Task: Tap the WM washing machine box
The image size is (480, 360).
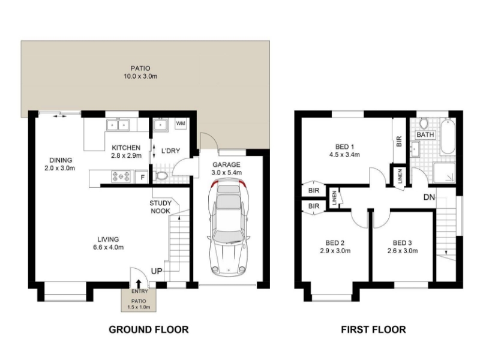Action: (181, 123)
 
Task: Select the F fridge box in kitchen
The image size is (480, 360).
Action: (143, 177)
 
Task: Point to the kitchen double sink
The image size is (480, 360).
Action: (119, 125)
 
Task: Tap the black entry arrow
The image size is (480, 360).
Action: (139, 284)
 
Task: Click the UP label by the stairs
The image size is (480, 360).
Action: (157, 272)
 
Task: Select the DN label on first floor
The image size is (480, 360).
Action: (429, 197)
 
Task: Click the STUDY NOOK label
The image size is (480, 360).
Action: (160, 207)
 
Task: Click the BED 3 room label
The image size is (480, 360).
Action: (402, 242)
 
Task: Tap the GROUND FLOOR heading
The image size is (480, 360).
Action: (148, 329)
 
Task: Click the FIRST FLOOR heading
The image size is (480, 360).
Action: (373, 329)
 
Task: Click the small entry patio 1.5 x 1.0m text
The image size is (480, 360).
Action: (139, 307)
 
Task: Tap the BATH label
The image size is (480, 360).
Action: (425, 135)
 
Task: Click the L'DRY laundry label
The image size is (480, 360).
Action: (171, 151)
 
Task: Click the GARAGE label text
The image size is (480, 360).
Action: (226, 164)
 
